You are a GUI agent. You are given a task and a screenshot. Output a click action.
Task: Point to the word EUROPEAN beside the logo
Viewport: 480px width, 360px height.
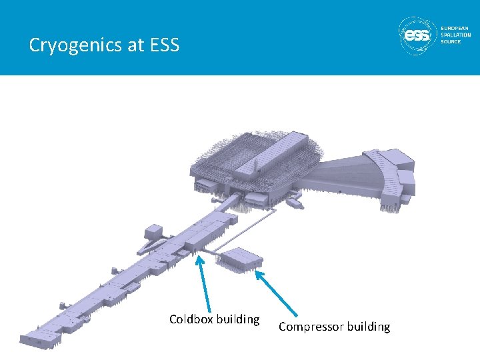pos(455,28)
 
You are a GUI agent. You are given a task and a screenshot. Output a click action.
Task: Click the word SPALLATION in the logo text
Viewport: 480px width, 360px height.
pos(457,35)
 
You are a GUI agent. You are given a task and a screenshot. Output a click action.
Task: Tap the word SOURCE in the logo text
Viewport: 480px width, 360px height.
pos(451,41)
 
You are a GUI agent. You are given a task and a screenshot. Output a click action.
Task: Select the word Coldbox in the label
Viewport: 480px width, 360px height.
pos(189,319)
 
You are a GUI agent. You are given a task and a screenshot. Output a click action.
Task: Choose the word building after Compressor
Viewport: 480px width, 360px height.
pos(367,327)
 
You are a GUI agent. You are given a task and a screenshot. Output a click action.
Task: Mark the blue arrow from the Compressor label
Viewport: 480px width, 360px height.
pos(277,293)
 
